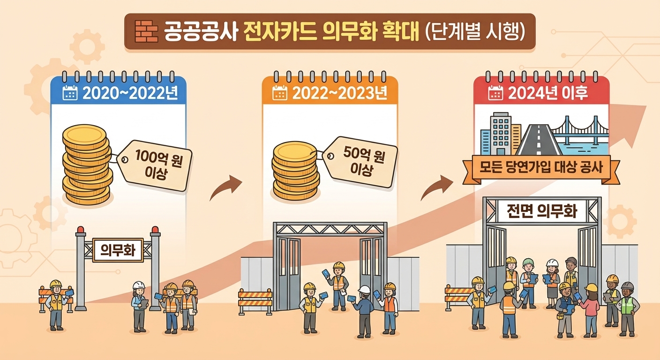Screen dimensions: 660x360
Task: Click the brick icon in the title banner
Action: click(146, 32)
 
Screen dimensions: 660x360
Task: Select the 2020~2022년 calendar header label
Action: click(130, 93)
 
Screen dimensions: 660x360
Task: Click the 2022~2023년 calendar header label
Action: click(340, 93)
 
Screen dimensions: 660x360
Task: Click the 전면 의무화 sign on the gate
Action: click(541, 212)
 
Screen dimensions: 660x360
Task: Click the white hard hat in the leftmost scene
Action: click(139, 285)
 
